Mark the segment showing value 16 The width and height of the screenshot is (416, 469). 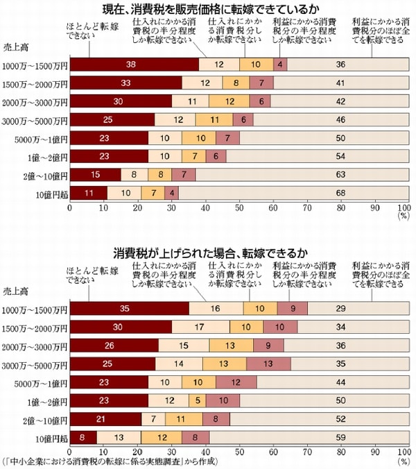(216, 309)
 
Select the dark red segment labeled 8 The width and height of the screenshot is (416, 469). (83, 436)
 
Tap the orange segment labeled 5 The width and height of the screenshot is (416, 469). (196, 400)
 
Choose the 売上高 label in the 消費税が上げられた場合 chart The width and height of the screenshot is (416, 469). (15, 292)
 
